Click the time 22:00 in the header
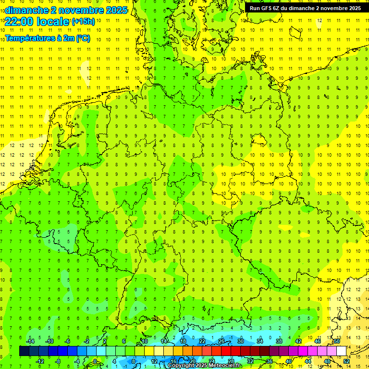pos(20,21)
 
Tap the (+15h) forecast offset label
pos(84,21)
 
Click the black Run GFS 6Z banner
pos(305,8)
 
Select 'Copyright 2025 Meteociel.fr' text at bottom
pos(205,366)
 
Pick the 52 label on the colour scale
pos(346,361)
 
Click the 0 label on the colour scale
pos(95,361)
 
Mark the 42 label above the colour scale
pos(298,341)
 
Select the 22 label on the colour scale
pos(202,341)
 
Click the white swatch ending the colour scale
pos(341,351)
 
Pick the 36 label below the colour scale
pos(269,361)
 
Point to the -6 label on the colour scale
pos(68,341)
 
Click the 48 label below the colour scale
pos(327,361)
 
